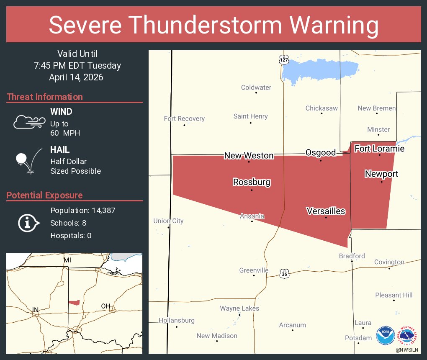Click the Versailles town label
(x=326, y=211)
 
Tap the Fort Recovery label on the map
(x=184, y=118)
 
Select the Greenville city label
(x=254, y=270)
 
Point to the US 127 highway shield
(x=284, y=60)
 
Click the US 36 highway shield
(x=284, y=274)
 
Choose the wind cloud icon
(x=29, y=121)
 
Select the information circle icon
(x=28, y=223)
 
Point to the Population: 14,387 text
(x=83, y=210)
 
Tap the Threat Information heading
(x=45, y=97)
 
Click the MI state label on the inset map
(x=67, y=260)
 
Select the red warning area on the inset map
(x=74, y=302)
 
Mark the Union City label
(x=168, y=221)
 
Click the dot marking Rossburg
(x=252, y=190)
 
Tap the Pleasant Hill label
(x=394, y=295)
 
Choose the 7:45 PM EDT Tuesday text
(x=77, y=65)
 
